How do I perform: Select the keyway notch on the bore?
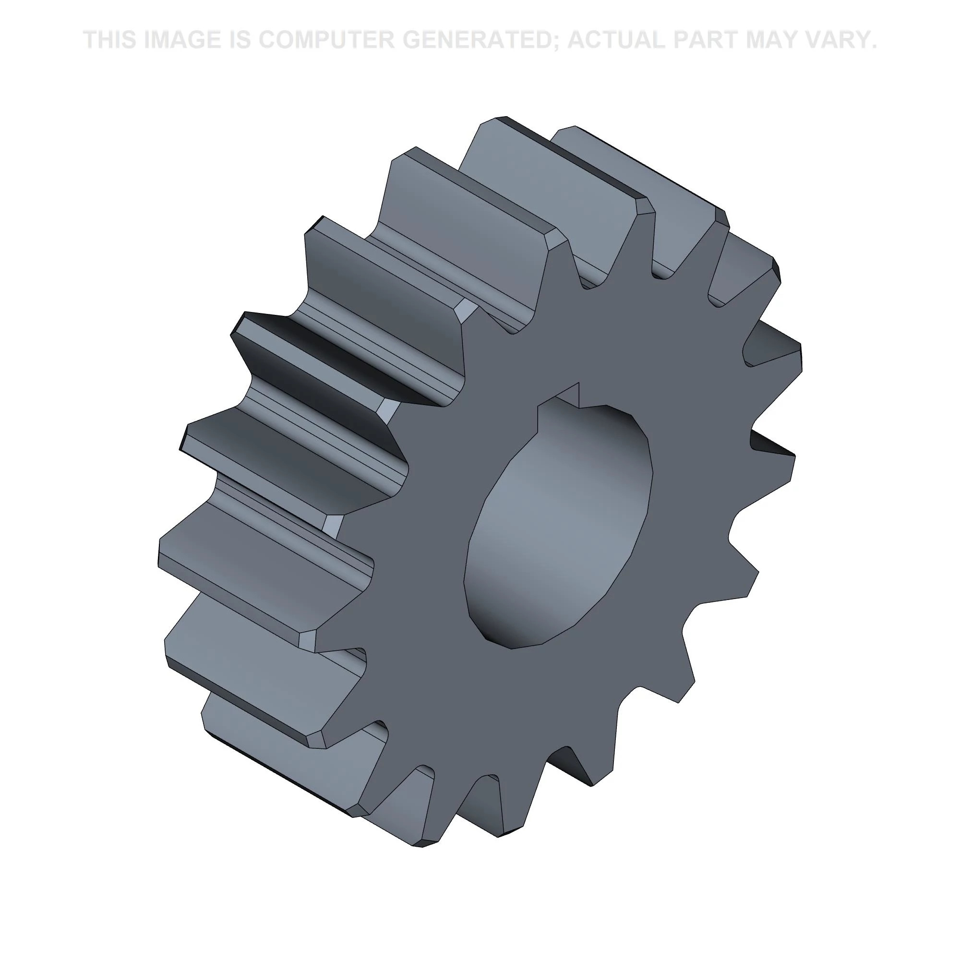coord(566,397)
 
